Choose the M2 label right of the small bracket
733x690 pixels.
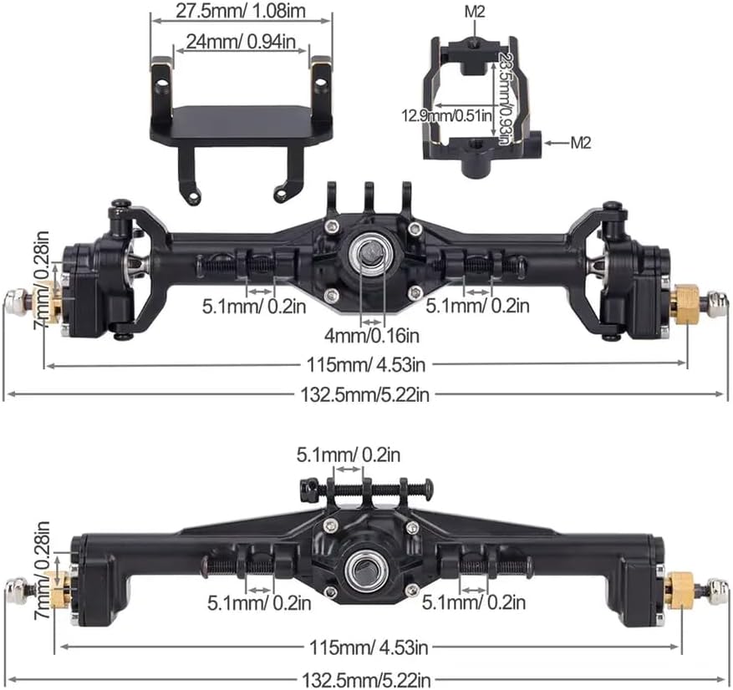tap(580, 143)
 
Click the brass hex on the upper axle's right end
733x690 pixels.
tap(685, 303)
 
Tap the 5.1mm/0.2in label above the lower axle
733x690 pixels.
tap(349, 454)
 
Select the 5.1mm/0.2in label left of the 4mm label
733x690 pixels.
tap(252, 305)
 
